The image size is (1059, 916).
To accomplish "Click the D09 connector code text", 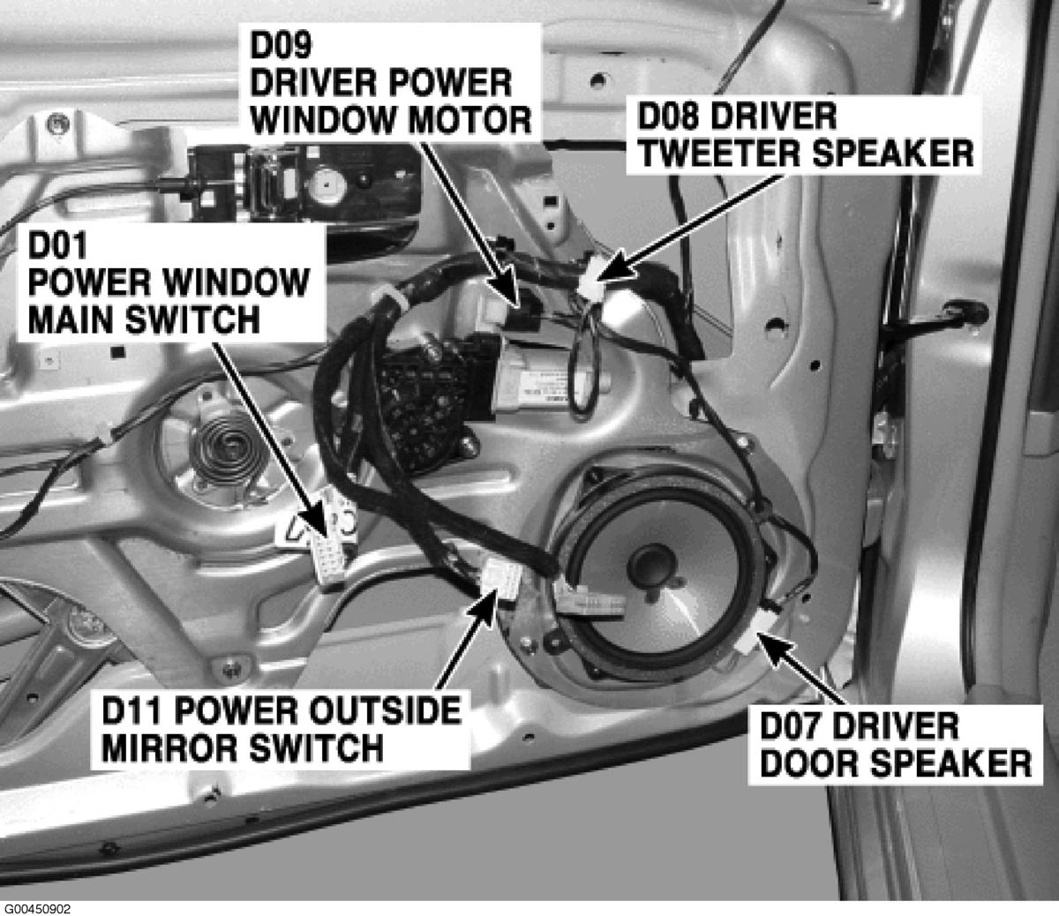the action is [x=281, y=45].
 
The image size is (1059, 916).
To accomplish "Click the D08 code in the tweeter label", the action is [x=669, y=116].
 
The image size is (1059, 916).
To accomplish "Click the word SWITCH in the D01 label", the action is [x=192, y=320].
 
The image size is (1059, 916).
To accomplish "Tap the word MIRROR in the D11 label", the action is [x=170, y=748].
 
